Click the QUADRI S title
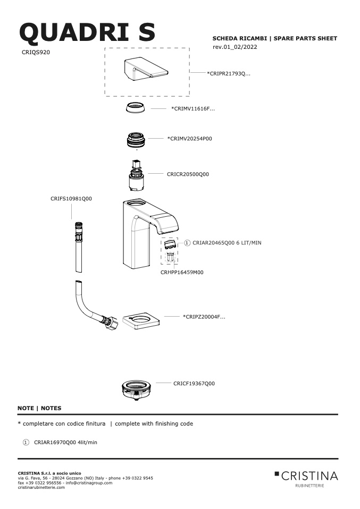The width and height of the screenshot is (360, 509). pyautogui.click(x=87, y=32)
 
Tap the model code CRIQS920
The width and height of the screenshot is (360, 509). pyautogui.click(x=36, y=52)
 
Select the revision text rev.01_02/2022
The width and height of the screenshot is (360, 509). pyautogui.click(x=235, y=47)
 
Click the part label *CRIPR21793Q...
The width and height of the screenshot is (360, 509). pyautogui.click(x=229, y=73)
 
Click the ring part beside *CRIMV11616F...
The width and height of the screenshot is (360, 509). pyautogui.click(x=136, y=107)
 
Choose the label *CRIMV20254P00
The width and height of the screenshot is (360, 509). pyautogui.click(x=189, y=139)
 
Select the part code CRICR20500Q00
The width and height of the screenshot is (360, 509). pyautogui.click(x=188, y=174)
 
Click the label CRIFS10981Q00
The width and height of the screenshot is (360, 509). pyautogui.click(x=71, y=199)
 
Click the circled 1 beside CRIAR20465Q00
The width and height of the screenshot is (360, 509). pyautogui.click(x=187, y=243)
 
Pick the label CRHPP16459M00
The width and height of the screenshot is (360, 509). pyautogui.click(x=182, y=273)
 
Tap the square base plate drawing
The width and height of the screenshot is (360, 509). pyautogui.click(x=141, y=321)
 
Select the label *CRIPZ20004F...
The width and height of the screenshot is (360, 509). pyautogui.click(x=204, y=317)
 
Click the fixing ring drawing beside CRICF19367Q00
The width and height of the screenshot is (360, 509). pyautogui.click(x=137, y=390)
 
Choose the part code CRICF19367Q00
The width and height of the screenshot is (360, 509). pyautogui.click(x=194, y=384)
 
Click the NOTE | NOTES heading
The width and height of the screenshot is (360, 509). pyautogui.click(x=39, y=408)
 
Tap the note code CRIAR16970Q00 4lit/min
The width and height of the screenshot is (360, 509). pyautogui.click(x=65, y=443)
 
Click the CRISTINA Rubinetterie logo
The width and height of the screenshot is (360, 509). pyautogui.click(x=306, y=479)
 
